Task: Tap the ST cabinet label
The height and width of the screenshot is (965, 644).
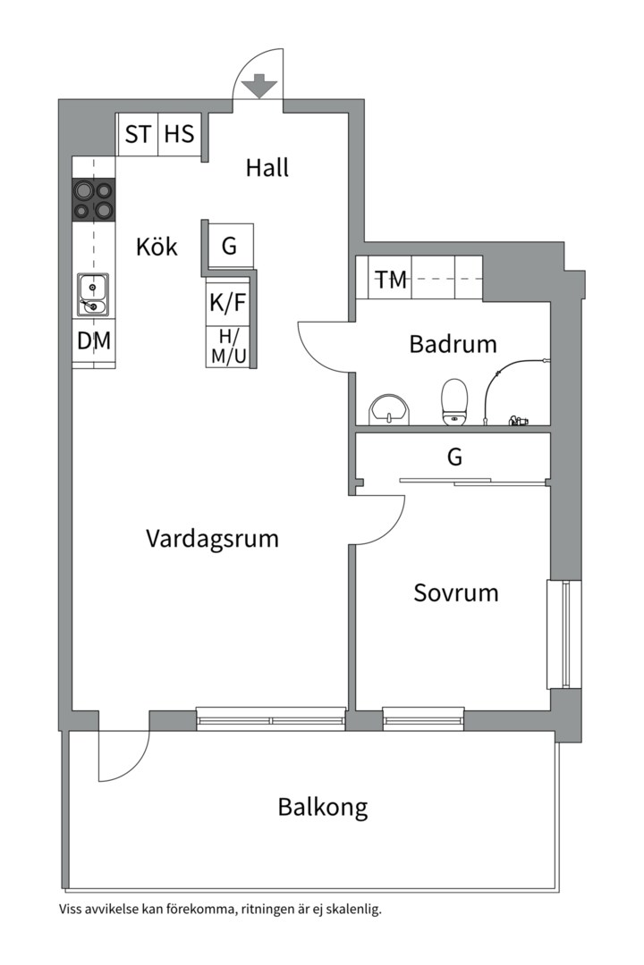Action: coord(138,134)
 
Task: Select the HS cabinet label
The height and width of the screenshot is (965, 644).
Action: coord(179,134)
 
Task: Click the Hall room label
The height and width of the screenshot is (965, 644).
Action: coord(267,167)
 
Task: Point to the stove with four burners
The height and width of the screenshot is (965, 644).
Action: coord(94,199)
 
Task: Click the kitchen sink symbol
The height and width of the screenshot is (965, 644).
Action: coord(92,295)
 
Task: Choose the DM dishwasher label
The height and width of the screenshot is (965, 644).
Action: coord(94,340)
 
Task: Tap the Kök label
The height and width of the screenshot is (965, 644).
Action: coord(157,247)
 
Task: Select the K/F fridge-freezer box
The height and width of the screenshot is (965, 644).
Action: coord(227,303)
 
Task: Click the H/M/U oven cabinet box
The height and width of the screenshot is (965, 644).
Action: coord(227,346)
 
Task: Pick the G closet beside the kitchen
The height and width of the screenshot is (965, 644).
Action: coord(230,246)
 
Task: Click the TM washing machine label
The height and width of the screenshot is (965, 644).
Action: coord(391,280)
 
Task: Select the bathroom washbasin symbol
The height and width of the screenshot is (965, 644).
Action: coord(390,408)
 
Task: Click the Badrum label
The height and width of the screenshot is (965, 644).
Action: coord(453,344)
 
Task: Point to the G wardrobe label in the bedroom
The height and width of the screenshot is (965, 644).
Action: coord(454,457)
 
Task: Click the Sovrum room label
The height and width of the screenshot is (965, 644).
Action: coord(455,592)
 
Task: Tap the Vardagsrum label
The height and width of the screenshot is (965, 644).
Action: coord(212,539)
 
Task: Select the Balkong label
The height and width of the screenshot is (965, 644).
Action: coord(322,808)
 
